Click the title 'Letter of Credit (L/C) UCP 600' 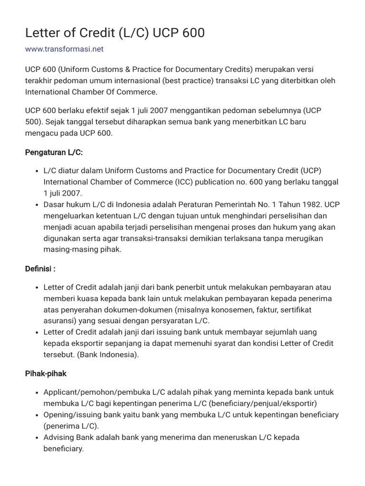[115, 32]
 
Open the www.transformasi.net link [64, 49]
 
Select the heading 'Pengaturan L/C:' [54, 152]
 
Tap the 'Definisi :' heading [40, 269]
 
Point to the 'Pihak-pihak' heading [46, 374]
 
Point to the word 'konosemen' [232, 309]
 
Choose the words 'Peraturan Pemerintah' [235, 205]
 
